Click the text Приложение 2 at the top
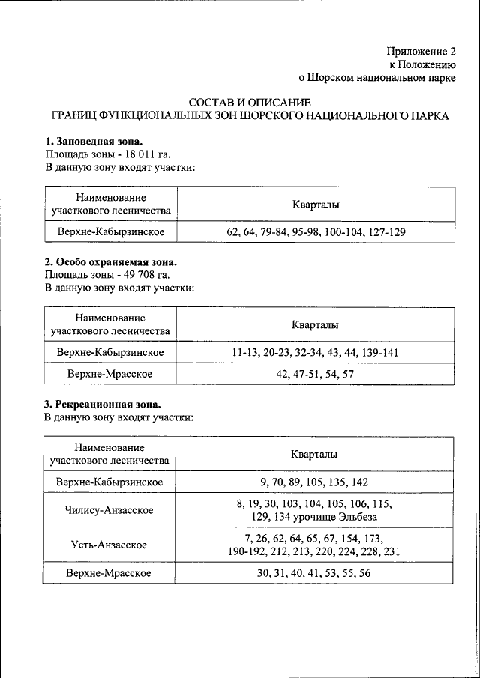(421, 52)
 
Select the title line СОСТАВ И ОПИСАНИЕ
(249, 103)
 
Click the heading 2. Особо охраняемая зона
(110, 262)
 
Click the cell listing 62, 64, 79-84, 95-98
(315, 232)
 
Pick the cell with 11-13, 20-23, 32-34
(315, 352)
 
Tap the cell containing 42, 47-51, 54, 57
(315, 373)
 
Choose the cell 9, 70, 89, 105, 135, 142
(315, 482)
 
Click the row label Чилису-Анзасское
(109, 510)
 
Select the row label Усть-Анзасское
(109, 545)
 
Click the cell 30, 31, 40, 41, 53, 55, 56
(315, 573)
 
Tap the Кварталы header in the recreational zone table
(315, 455)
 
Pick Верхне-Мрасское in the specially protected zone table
(109, 373)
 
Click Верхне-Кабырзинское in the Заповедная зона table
(109, 232)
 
